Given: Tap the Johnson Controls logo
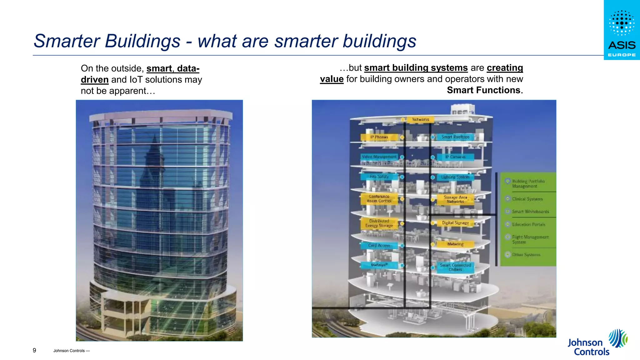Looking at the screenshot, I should coord(597,343).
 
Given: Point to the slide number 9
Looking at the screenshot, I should coord(34,350).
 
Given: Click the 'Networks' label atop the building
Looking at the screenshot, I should coord(420,119).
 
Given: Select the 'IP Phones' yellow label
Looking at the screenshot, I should coord(379,137).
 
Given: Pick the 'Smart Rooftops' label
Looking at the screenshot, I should coord(455,137).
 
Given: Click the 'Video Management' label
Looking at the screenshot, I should coord(379,157).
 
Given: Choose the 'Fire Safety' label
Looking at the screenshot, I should coord(379,177).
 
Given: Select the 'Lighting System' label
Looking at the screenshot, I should coord(455,177).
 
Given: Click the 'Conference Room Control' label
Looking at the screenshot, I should coord(379,199).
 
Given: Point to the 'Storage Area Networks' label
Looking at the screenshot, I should coord(455,199).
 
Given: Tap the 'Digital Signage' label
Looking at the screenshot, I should coord(455,223).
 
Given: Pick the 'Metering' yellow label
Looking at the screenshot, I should coord(455,244).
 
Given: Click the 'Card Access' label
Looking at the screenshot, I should coord(379,246).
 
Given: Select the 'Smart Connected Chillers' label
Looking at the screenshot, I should coord(455,267).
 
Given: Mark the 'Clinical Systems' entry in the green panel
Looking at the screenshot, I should coord(527,199).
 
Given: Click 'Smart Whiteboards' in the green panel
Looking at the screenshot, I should coord(530,212).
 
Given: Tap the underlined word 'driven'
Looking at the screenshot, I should coord(94,80).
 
